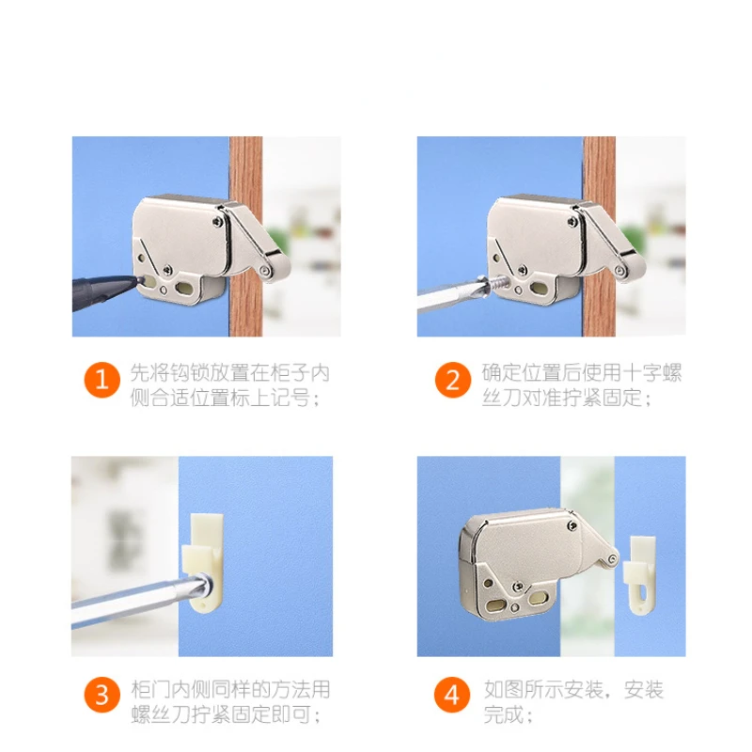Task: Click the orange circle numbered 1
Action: point(102,381)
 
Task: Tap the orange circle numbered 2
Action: point(452,381)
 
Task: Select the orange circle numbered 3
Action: point(102,697)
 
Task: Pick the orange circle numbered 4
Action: point(452,697)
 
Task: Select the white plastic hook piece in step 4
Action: point(640,568)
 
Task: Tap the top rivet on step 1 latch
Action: point(218,223)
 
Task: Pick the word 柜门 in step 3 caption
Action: point(142,689)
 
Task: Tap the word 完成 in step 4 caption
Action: point(503,714)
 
